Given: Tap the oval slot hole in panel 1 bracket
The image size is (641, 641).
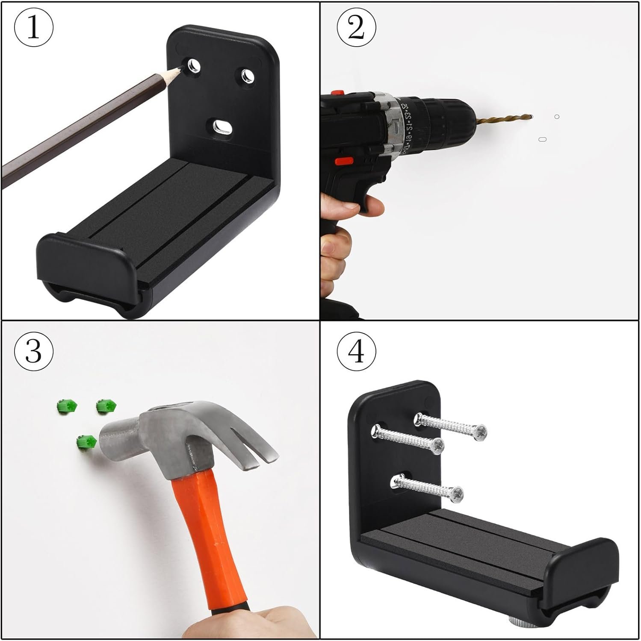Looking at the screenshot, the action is (x=222, y=127).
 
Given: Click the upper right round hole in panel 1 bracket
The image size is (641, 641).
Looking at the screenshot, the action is (x=247, y=76).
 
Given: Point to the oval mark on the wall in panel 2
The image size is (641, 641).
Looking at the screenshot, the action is (x=543, y=139).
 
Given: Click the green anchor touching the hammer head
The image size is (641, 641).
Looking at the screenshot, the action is (x=86, y=441).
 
